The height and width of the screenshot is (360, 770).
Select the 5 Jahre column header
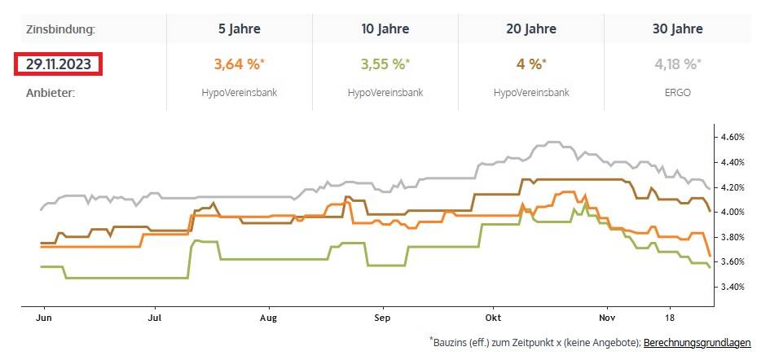(240, 29)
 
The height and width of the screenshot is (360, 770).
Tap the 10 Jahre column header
(385, 29)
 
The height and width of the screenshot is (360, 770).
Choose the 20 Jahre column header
(531, 29)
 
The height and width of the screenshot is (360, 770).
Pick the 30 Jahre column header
(678, 29)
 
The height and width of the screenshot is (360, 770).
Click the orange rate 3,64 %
(240, 64)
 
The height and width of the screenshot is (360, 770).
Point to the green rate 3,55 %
(385, 64)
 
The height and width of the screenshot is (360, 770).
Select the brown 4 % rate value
(531, 64)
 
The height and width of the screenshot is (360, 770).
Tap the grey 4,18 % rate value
(678, 64)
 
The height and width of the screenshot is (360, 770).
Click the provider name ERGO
(678, 93)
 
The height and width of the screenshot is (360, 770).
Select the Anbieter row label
(51, 93)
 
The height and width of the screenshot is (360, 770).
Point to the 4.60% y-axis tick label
(734, 138)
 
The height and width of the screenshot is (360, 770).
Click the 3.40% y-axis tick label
(734, 287)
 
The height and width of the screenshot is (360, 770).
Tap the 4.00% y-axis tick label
(734, 213)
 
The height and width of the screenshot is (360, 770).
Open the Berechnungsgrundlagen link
(697, 344)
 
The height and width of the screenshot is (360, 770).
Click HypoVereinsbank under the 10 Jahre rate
(385, 93)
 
